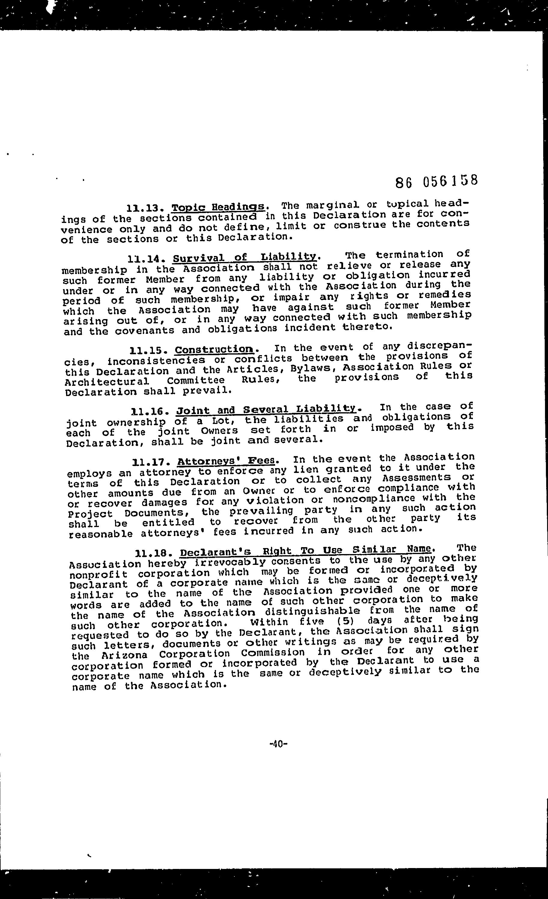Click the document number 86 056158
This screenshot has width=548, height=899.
tap(436, 181)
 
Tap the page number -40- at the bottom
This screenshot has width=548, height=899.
tap(278, 744)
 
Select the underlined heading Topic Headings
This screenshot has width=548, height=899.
tap(218, 207)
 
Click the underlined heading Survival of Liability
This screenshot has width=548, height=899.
tap(245, 257)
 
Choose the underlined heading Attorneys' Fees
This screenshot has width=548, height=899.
tap(226, 461)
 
